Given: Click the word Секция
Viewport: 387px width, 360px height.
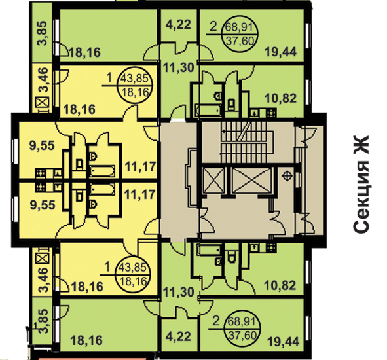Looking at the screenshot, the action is (361, 197).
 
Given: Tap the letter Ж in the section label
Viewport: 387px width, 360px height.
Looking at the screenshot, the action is (361, 145).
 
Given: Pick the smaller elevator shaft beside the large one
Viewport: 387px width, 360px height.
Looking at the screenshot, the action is (213, 180).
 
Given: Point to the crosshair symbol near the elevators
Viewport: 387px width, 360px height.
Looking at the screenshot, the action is (287, 176).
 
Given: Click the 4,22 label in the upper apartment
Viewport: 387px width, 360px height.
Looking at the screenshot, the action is (178, 25).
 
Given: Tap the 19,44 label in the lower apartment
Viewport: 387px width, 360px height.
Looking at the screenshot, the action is (284, 342).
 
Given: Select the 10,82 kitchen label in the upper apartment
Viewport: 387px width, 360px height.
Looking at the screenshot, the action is (281, 98).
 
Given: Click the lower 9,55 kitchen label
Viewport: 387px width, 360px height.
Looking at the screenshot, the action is (43, 205).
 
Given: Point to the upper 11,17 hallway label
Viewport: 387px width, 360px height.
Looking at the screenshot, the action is (141, 166).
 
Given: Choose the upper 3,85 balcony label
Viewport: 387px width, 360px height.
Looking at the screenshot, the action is (42, 33).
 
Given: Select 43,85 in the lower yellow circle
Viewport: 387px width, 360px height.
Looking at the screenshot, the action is (134, 268).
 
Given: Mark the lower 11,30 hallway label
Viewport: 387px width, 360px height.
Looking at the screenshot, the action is (179, 293).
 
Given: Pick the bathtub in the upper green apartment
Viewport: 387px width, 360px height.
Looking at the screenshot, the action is (208, 111).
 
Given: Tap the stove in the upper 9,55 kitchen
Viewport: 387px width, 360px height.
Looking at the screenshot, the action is (40, 173).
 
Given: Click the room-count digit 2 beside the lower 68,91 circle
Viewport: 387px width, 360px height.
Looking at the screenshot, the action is (216, 322).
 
